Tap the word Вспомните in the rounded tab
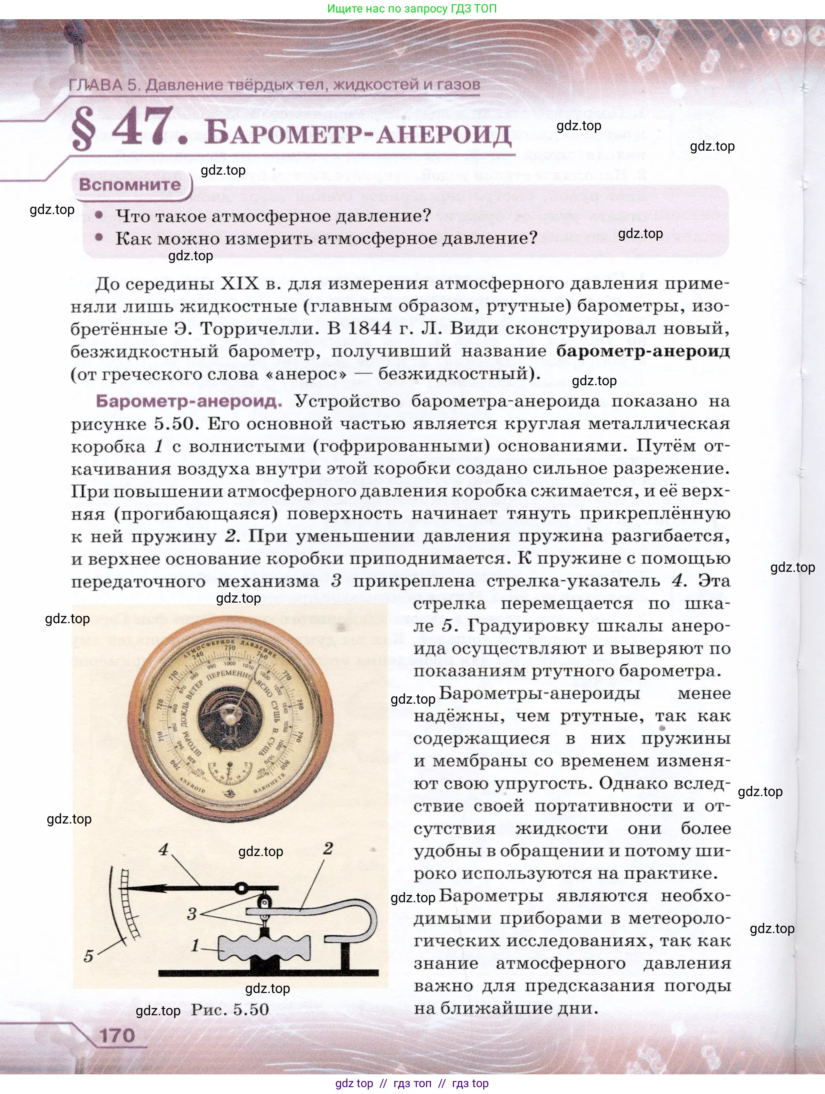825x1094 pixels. point(130,185)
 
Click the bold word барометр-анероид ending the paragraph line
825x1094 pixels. point(643,351)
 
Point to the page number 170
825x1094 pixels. point(117,1035)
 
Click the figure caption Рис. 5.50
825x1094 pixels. point(230,1009)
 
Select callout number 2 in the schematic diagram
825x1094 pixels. point(328,849)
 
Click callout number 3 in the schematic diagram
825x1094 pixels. point(192,914)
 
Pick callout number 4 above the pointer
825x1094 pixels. point(164,850)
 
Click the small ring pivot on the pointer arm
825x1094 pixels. point(242,889)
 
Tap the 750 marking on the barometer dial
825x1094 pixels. point(229,648)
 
